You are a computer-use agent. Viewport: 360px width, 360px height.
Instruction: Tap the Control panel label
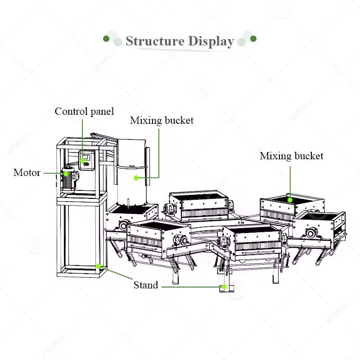84,111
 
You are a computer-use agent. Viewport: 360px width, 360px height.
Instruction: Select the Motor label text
27,172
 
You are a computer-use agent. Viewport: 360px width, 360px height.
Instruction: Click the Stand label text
146,285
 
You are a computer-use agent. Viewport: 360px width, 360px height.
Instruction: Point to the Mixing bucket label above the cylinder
162,121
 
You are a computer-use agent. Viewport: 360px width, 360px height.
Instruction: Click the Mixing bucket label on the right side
291,156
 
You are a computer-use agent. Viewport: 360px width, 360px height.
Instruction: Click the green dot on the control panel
83,160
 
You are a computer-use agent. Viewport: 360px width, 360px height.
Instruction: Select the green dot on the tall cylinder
136,178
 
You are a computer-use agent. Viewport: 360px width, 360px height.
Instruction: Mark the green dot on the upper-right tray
290,199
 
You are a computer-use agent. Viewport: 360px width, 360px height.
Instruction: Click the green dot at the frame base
99,266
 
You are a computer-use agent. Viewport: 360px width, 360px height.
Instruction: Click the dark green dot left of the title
106,39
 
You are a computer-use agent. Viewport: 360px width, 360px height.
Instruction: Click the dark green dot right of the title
253,39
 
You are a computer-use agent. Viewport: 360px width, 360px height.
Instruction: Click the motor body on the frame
68,180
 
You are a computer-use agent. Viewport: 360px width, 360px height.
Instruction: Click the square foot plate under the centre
224,288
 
